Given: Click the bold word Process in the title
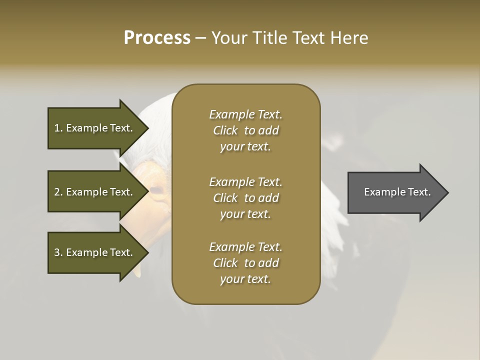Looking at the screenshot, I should coord(157,37).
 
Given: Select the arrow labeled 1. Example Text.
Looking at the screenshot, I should coord(95,128).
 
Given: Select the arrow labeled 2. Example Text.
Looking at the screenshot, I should coord(95,192).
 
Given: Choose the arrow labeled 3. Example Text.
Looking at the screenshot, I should coord(95,252).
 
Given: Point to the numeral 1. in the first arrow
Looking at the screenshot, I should coord(58,128).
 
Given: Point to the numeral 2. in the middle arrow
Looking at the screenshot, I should coord(58,192).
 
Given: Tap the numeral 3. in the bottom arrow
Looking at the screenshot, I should coord(58,252).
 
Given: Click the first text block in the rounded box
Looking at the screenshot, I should coord(245,130).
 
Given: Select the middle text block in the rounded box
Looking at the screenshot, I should coord(245,197).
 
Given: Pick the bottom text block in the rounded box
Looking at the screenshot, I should coord(245,263).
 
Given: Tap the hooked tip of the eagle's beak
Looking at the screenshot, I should coord(137,272).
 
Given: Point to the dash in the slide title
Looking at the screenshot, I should coord(200,38).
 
